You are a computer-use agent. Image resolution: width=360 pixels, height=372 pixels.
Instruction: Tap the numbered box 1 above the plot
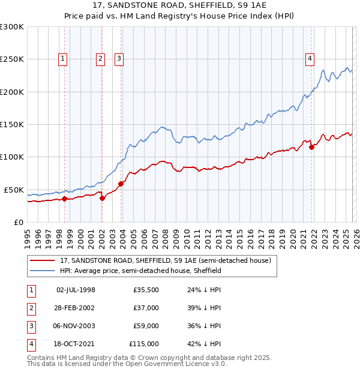(x=63, y=58)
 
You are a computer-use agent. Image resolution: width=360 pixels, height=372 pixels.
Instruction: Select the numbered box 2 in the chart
(x=100, y=58)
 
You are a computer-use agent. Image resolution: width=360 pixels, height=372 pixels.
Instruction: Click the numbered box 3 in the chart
(x=119, y=58)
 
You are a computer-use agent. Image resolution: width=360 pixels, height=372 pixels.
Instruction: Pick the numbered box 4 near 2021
(x=310, y=58)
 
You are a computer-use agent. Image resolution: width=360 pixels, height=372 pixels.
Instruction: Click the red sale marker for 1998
(x=64, y=199)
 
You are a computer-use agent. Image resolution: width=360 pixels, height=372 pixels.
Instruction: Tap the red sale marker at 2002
(x=102, y=198)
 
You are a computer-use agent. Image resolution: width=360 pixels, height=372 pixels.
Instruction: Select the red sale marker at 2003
(x=121, y=184)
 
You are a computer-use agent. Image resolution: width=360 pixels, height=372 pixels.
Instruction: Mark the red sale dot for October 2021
(x=311, y=147)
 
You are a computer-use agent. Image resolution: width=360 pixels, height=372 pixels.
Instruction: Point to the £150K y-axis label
(x=12, y=125)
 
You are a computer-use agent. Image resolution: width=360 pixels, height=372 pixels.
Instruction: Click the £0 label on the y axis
(x=19, y=222)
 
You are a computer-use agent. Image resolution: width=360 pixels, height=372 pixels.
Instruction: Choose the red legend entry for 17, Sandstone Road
(x=166, y=261)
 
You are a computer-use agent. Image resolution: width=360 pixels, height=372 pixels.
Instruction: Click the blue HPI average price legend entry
(x=140, y=271)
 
